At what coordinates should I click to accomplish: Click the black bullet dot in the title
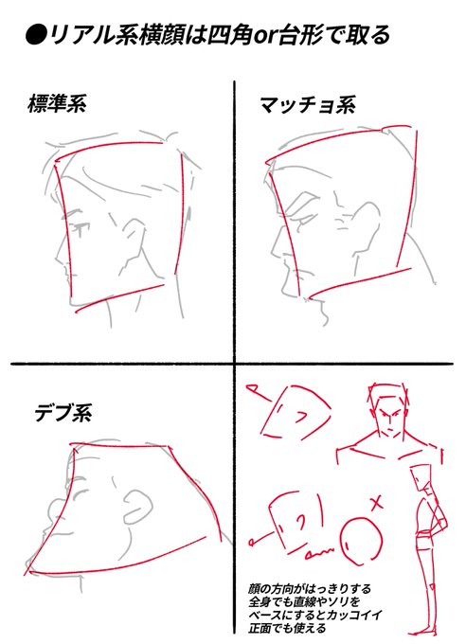pos(35,35)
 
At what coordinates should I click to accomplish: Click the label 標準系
pos(57,103)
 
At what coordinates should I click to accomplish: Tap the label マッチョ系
pos(308,105)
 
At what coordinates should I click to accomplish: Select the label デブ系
pos(63,413)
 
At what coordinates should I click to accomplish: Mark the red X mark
pos(376,503)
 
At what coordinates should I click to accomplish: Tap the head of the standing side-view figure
pos(421,477)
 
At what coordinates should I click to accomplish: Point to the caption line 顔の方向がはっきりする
pos(310,589)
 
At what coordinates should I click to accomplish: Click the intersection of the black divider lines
pos(235,364)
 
